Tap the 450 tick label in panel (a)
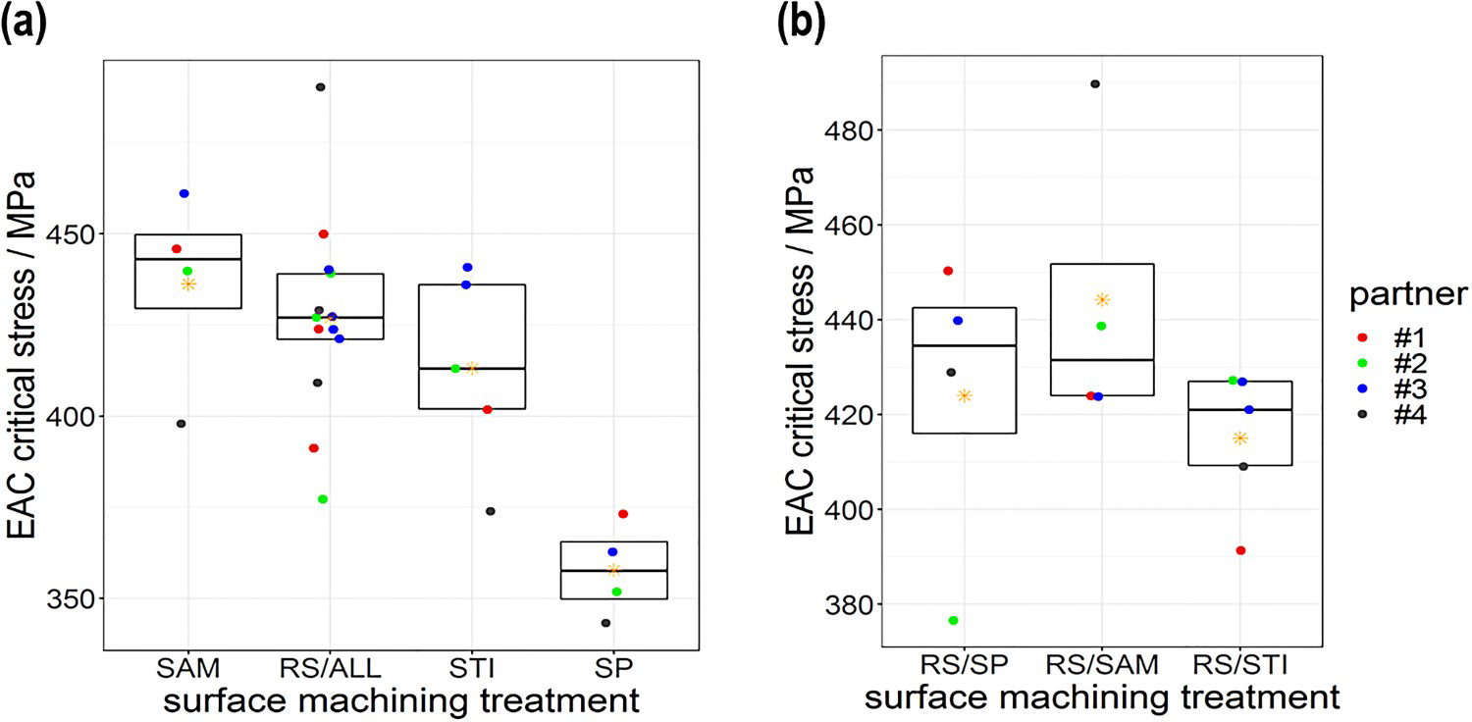coord(71,233)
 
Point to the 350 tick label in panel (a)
coord(71,598)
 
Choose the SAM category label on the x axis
coord(188,668)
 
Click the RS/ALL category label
coord(330,668)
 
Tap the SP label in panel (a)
coord(613,668)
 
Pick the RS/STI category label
coord(1240,665)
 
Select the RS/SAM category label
coord(1102,665)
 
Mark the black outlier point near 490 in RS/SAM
coord(1095,84)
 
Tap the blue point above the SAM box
coord(184,193)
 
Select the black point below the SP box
coord(605,623)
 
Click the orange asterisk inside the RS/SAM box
coord(1102,300)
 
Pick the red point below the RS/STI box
coord(1240,550)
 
